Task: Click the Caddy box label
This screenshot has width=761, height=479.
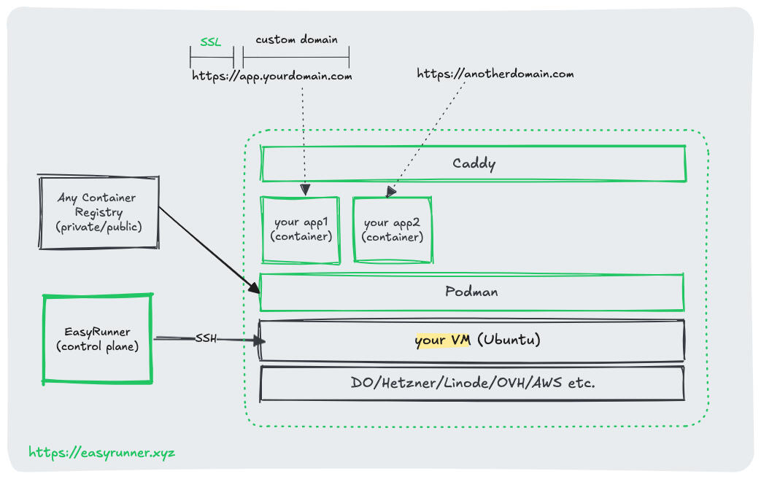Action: pyautogui.click(x=473, y=163)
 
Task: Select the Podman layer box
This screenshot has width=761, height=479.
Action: pyautogui.click(x=471, y=292)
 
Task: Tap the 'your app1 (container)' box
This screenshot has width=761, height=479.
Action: pyautogui.click(x=301, y=230)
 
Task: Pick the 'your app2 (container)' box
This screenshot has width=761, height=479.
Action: pyautogui.click(x=393, y=230)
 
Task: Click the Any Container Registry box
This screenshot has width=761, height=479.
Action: pyautogui.click(x=98, y=212)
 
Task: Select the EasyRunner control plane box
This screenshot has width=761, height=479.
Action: pyautogui.click(x=98, y=339)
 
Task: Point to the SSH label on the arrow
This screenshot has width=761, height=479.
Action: pyautogui.click(x=206, y=338)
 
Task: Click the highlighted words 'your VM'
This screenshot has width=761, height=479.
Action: pyautogui.click(x=442, y=340)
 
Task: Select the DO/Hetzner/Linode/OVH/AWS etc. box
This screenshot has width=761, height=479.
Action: pyautogui.click(x=472, y=383)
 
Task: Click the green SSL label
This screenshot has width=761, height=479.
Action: pyautogui.click(x=211, y=43)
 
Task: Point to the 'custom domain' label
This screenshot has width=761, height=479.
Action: pyautogui.click(x=296, y=39)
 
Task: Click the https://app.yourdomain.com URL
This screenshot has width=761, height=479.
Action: pyautogui.click(x=272, y=76)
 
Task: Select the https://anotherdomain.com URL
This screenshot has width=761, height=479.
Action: pyautogui.click(x=495, y=74)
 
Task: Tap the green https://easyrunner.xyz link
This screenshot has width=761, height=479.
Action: pyautogui.click(x=102, y=453)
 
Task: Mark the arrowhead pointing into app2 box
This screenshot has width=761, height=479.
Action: pyautogui.click(x=391, y=192)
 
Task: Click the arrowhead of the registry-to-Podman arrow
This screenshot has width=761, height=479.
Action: pyautogui.click(x=254, y=289)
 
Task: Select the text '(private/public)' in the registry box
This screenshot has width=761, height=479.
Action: pyautogui.click(x=98, y=227)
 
